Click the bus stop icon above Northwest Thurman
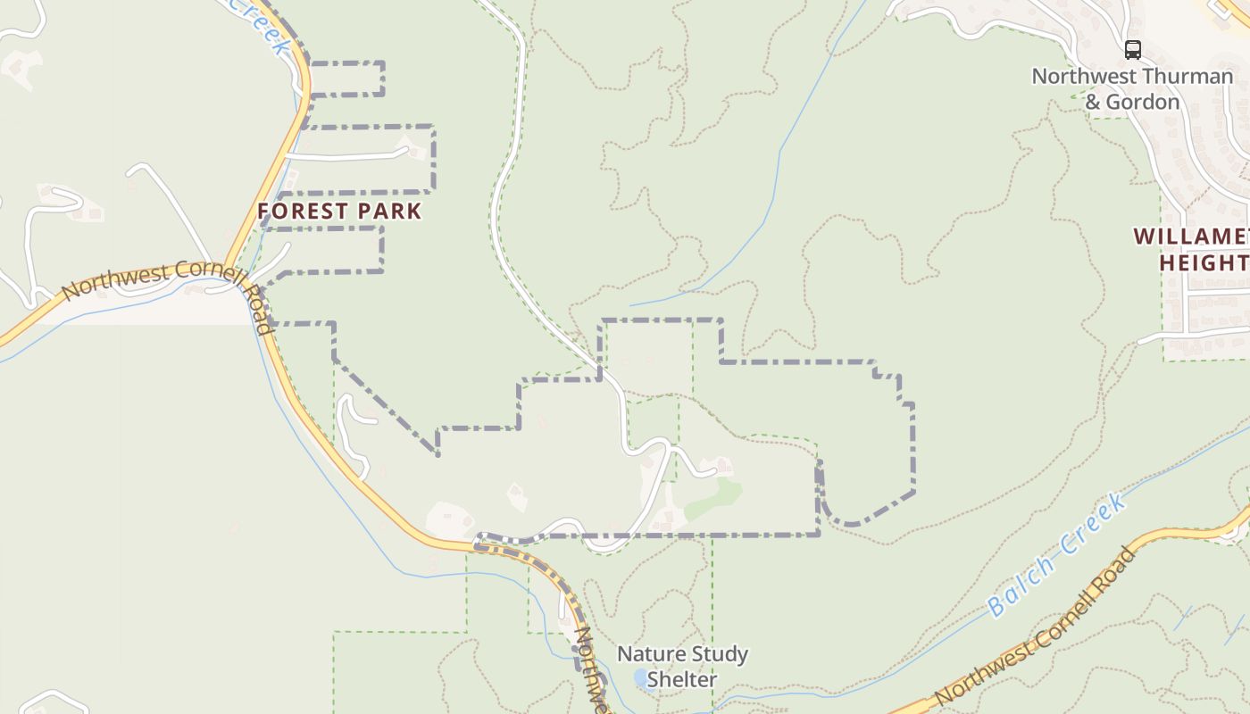tap(1132, 50)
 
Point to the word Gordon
tap(1143, 103)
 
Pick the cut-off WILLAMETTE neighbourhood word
tap(1192, 237)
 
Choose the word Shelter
tap(682, 680)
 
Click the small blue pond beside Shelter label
tap(640, 680)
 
